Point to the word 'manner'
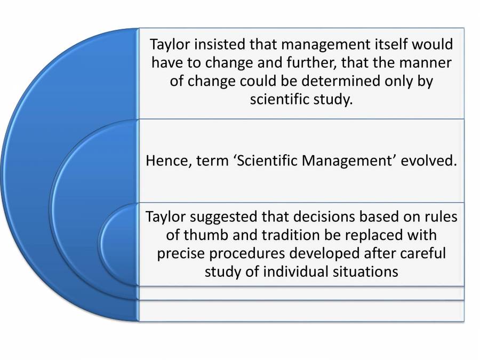[427, 62]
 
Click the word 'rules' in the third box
[441, 218]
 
